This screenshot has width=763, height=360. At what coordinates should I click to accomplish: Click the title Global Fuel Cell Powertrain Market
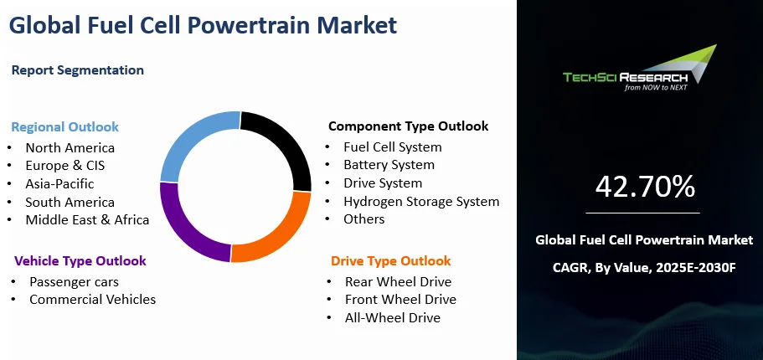click(203, 25)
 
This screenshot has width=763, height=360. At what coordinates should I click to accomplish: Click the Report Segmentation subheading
click(77, 70)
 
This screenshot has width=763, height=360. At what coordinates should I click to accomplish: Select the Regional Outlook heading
click(64, 127)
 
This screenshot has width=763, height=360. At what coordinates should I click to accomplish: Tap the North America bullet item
click(70, 147)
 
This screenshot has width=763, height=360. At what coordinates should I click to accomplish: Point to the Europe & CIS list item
click(64, 165)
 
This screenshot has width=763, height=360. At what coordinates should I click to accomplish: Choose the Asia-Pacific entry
click(59, 183)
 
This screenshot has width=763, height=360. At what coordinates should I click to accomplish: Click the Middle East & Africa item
click(87, 219)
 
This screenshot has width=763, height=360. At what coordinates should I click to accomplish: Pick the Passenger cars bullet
click(74, 281)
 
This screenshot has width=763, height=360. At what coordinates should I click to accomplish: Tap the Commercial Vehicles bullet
click(92, 299)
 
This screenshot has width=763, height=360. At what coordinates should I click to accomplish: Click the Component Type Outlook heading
click(408, 126)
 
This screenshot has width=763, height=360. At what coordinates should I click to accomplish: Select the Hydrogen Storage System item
click(421, 201)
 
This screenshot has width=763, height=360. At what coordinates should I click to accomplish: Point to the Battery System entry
click(389, 165)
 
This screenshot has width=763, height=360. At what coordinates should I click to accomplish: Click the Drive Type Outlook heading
click(390, 260)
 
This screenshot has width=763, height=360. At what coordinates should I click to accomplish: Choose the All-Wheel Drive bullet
click(392, 317)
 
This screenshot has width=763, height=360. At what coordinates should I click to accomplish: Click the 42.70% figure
click(645, 187)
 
